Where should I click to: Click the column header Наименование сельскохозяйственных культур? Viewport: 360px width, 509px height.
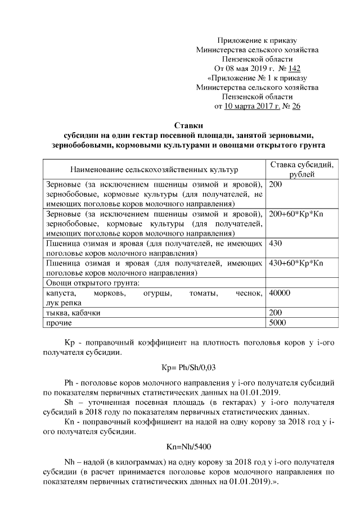coord(154,169)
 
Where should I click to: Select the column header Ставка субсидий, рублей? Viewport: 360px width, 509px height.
coord(301,169)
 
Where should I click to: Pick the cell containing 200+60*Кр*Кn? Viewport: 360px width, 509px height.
coord(297,214)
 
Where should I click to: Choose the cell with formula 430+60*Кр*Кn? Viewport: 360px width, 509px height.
coord(297,263)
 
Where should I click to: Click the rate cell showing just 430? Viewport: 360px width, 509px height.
coord(276,244)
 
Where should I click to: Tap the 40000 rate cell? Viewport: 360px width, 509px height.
coord(280,293)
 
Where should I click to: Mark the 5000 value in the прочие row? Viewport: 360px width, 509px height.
coord(278,322)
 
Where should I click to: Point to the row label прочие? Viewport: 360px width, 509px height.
coord(58,322)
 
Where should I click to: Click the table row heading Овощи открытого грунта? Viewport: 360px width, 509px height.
coord(92,283)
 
